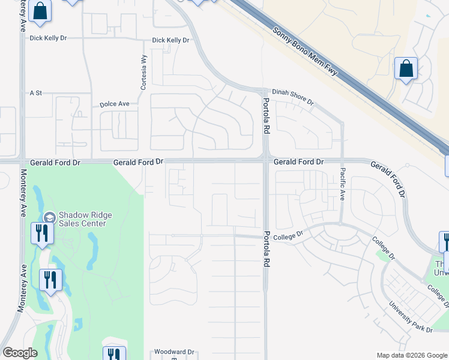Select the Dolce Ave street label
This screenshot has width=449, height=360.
pyautogui.click(x=115, y=104)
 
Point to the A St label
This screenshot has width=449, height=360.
pyautogui.click(x=36, y=93)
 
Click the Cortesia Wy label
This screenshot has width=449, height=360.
pyautogui.click(x=143, y=73)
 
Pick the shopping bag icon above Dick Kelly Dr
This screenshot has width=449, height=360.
pyautogui.click(x=40, y=11)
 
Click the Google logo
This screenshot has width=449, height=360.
pyautogui.click(x=20, y=353)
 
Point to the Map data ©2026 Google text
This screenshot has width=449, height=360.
pyautogui.click(x=411, y=355)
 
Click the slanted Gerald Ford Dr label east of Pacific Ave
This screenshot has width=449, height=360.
pyautogui.click(x=388, y=178)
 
